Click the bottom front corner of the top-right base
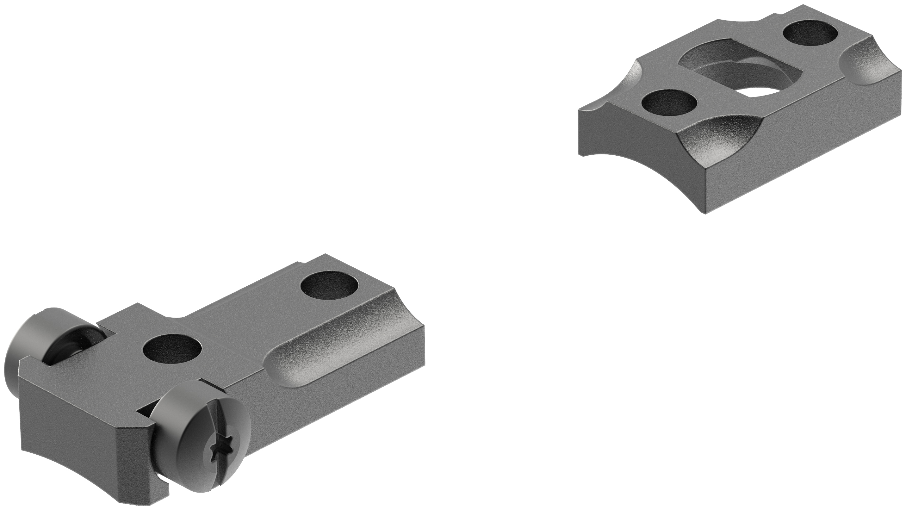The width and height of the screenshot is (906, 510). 704,213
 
